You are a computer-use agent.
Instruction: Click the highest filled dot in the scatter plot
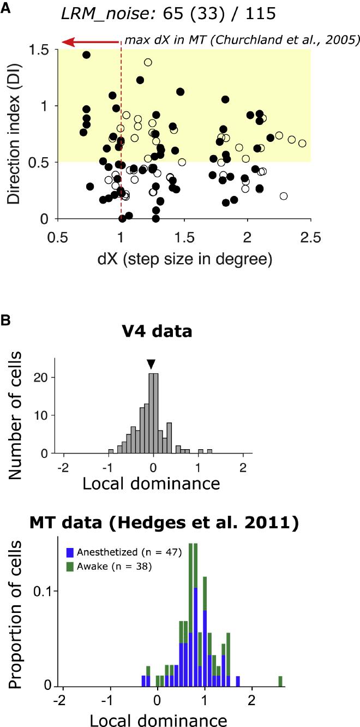click(x=86, y=55)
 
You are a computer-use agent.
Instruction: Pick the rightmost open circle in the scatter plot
click(x=302, y=144)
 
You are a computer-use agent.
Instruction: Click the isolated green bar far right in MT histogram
click(x=280, y=681)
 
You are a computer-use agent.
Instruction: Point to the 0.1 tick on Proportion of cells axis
click(x=45, y=591)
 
